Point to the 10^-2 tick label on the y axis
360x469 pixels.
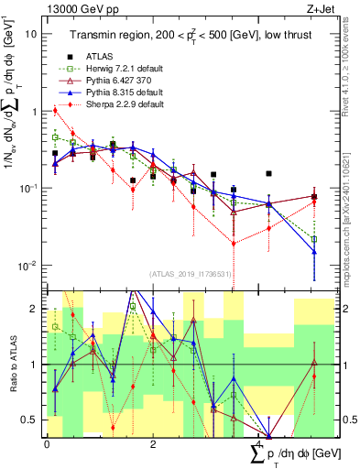click(x=27, y=266)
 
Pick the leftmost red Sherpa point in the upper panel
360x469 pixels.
click(x=56, y=111)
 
